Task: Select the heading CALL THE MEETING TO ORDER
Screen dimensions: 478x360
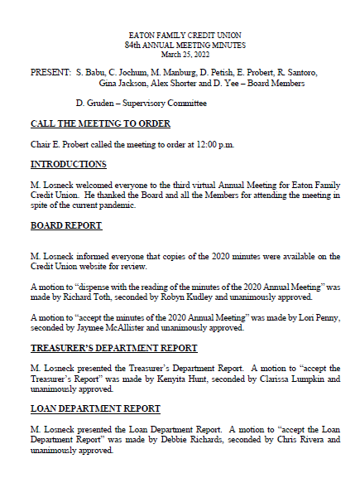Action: tap(100, 124)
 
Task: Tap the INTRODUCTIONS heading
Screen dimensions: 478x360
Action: tap(68, 165)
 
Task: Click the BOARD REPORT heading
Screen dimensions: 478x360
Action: tap(66, 225)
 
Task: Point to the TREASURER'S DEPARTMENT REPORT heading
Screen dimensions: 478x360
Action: tap(114, 348)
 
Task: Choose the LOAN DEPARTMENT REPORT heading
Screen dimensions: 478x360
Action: tap(96, 408)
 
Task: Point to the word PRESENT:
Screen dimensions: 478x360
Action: tap(50, 73)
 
